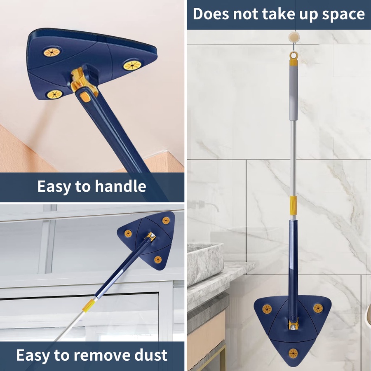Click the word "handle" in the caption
pos(120,186)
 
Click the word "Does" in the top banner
pos(211,14)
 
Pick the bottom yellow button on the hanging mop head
pos(293,353)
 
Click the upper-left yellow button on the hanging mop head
pos(267,309)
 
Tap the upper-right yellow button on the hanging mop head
pos(318,308)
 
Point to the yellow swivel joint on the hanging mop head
pos(294,324)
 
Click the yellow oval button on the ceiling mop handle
pos(86,97)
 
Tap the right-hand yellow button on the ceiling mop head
pos(132,65)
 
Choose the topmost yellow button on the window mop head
pos(166,221)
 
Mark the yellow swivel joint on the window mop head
pos(151,237)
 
